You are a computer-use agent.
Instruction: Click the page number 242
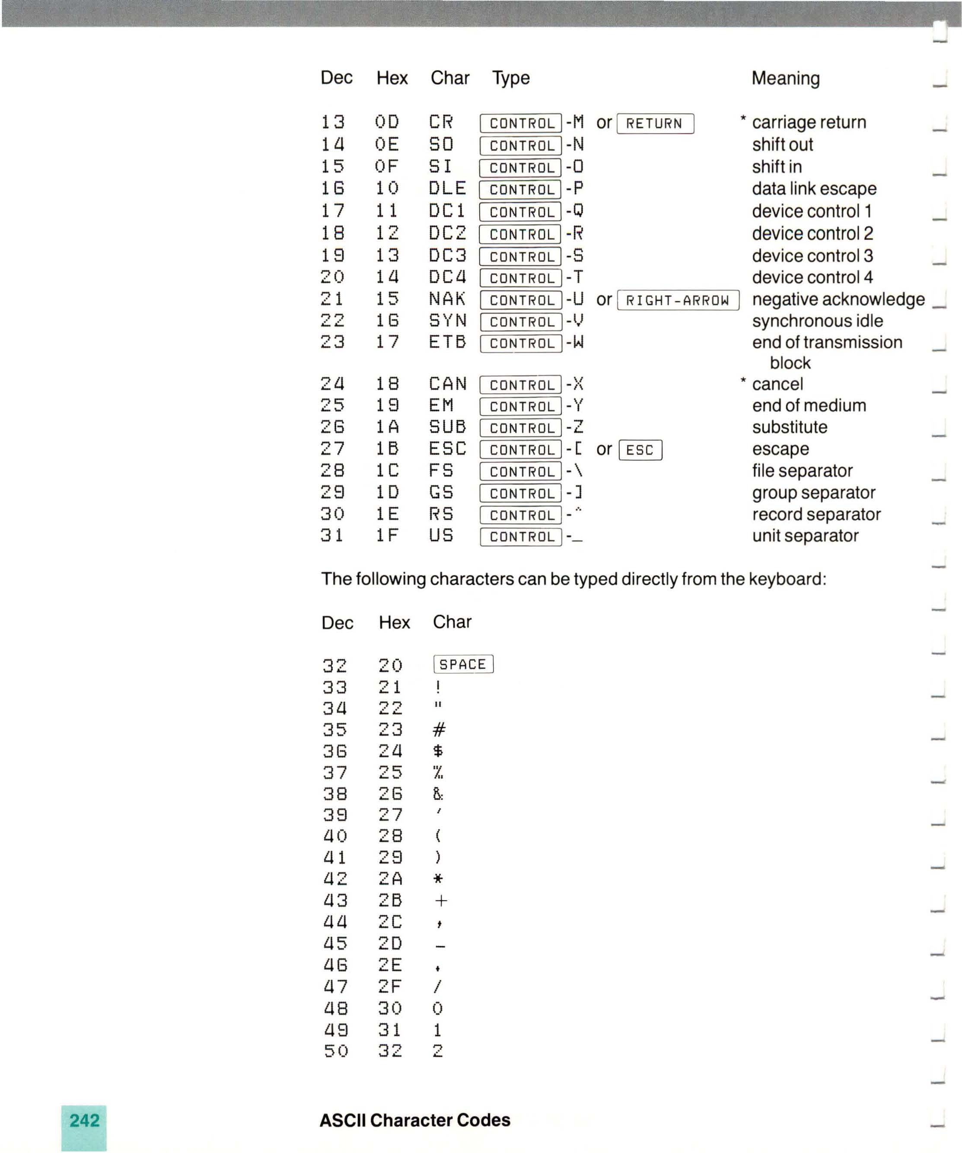pyautogui.click(x=85, y=1120)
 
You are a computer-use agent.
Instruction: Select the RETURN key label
pyautogui.click(x=655, y=124)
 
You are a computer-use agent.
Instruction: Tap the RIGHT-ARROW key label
pyautogui.click(x=678, y=300)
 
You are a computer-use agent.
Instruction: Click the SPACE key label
pyautogui.click(x=463, y=664)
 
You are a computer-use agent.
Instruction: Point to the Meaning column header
pyautogui.click(x=785, y=79)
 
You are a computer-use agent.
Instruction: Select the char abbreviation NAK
pyautogui.click(x=447, y=299)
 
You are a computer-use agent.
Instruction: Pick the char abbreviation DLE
pyautogui.click(x=447, y=188)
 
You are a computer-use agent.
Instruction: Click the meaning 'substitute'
pyautogui.click(x=789, y=427)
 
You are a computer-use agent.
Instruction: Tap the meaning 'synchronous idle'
pyautogui.click(x=817, y=321)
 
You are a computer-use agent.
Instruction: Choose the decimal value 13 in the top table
pyautogui.click(x=333, y=122)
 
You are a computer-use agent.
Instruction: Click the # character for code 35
pyautogui.click(x=439, y=729)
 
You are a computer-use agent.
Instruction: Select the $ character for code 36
pyautogui.click(x=438, y=751)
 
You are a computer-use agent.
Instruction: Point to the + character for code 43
pyautogui.click(x=440, y=901)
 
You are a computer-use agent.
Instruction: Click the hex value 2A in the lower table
pyautogui.click(x=390, y=879)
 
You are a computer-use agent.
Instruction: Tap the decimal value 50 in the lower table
pyautogui.click(x=335, y=1051)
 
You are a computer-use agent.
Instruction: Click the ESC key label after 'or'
pyautogui.click(x=640, y=450)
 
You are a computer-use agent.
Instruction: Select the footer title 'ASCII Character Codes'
pyautogui.click(x=414, y=1120)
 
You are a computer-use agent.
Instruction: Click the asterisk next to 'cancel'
pyautogui.click(x=743, y=380)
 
